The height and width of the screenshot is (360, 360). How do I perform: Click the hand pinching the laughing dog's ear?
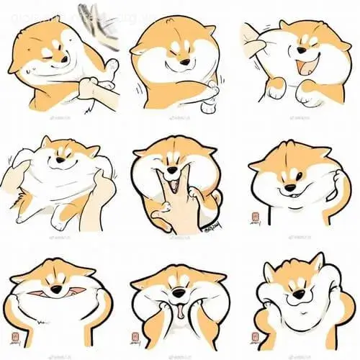[252, 36]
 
